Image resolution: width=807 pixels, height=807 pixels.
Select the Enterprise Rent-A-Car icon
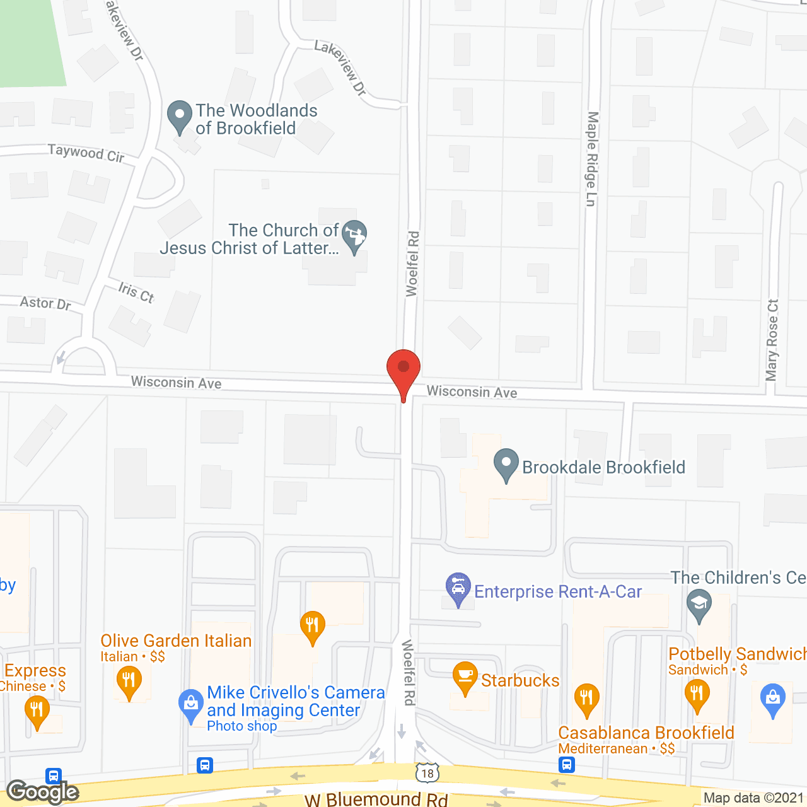pos(458,588)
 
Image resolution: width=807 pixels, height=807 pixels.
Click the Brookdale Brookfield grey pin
pos(506,463)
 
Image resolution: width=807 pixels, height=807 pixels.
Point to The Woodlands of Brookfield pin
pos(180,116)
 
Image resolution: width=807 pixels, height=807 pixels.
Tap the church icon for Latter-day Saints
pos(354,235)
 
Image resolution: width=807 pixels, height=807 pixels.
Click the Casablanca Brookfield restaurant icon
pos(587,699)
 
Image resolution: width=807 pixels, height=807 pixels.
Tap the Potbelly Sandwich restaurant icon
pos(697,694)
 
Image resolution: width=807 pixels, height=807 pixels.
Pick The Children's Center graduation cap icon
pos(699,604)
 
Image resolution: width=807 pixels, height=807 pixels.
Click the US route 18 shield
pos(427,773)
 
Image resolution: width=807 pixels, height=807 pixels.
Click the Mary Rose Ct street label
pos(772,340)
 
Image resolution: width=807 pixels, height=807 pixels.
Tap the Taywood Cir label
pos(86,153)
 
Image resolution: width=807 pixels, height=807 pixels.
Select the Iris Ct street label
pos(136,292)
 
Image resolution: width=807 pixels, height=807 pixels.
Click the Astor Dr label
pos(45,303)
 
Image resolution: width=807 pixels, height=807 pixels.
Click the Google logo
pos(43,792)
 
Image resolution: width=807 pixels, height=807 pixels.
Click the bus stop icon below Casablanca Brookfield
pos(566,765)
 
